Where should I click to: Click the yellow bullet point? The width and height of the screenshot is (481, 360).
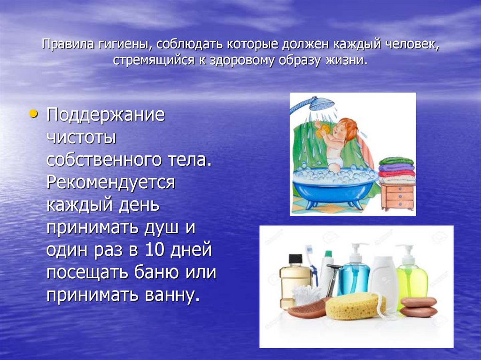[32, 114]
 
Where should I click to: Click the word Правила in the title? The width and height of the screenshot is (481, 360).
[63, 46]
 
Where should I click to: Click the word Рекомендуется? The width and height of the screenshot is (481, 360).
[110, 182]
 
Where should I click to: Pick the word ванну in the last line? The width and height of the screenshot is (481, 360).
[172, 296]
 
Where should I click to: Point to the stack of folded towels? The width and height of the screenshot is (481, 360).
[397, 170]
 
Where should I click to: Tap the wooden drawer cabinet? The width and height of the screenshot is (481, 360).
[397, 197]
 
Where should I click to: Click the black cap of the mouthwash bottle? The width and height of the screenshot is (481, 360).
[295, 260]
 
